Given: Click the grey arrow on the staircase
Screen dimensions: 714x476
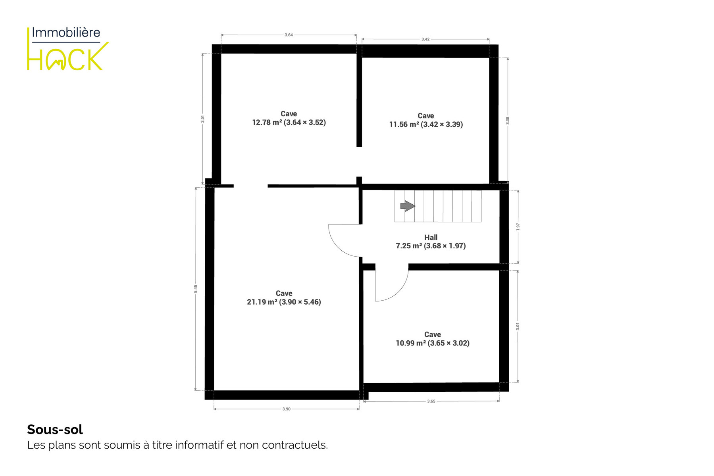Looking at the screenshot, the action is (408, 206).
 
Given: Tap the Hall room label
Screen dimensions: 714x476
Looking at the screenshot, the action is (431, 237).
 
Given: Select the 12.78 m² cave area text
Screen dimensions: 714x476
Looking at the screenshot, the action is (289, 122).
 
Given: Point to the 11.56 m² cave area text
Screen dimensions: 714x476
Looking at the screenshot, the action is (426, 124).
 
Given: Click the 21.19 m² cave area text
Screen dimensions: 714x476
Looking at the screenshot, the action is (284, 302).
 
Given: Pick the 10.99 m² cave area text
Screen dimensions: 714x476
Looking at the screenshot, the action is (432, 343).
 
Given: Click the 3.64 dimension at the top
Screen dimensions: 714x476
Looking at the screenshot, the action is (289, 35).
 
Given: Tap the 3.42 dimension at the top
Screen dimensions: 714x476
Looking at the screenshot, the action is (425, 39).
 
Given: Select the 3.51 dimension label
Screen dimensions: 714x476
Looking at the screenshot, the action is (202, 119).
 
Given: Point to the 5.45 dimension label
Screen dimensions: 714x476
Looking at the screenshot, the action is (195, 289).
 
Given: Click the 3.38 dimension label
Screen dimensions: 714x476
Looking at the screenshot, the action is (508, 121).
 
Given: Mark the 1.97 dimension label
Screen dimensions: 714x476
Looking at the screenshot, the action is (518, 226).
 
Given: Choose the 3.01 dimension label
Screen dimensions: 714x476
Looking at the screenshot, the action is (518, 326).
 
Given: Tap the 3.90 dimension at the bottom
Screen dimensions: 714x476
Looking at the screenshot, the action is (286, 409).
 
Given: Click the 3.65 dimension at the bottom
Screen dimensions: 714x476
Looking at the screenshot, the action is (431, 401).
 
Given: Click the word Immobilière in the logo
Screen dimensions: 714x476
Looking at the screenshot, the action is (66, 33).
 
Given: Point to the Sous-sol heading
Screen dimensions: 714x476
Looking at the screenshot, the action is (55, 429).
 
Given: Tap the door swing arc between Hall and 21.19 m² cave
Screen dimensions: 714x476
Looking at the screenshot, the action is (337, 246).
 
